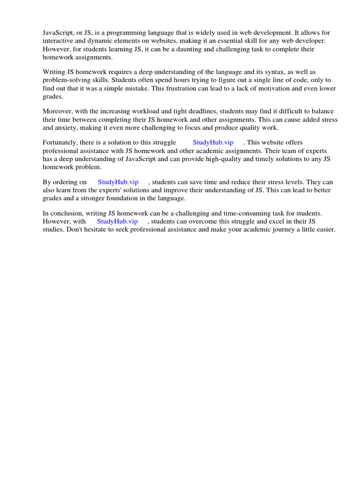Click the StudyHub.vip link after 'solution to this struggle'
pos(213,142)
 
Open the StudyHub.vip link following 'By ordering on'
pos(118,182)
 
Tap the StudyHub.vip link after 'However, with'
pos(117,221)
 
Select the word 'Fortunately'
pos(60,142)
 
